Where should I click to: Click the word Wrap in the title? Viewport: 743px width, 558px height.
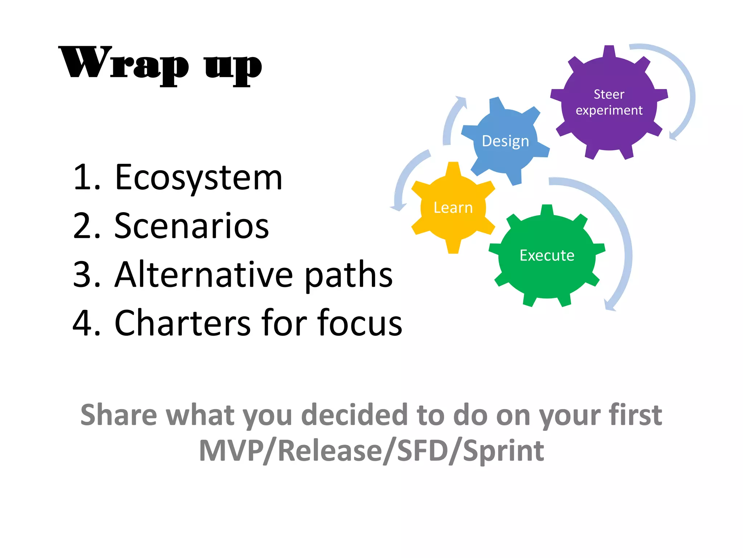[123, 64]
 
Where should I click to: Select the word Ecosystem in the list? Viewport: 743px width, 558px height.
[198, 178]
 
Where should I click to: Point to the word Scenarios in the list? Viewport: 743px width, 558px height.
[192, 226]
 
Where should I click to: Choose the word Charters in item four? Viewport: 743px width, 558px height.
[182, 323]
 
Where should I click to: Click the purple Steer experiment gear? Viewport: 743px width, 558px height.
[609, 102]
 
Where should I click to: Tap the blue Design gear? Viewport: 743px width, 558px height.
[505, 141]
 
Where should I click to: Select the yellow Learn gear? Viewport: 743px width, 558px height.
[453, 208]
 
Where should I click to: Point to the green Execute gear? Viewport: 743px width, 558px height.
[547, 255]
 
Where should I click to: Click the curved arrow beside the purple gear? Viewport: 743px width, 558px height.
[687, 91]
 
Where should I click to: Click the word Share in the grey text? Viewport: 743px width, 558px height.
[119, 415]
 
